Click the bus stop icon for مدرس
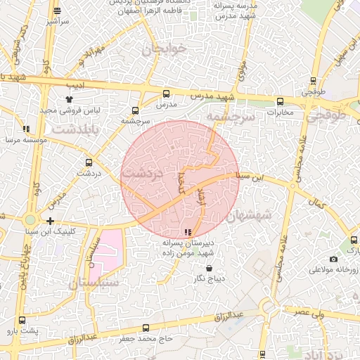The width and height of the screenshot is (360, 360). click(x=167, y=94)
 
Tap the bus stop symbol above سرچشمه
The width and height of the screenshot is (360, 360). click(x=135, y=110)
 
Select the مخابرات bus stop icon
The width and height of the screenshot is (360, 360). click(x=281, y=101)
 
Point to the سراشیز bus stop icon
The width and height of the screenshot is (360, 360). click(x=57, y=11)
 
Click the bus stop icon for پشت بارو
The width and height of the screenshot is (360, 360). click(x=22, y=320)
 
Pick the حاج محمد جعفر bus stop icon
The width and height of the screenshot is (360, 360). click(x=146, y=328)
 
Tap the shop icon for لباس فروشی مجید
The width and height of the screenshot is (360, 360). click(x=68, y=100)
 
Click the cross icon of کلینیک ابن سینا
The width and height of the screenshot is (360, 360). click(x=50, y=221)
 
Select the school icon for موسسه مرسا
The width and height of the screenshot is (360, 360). click(x=26, y=129)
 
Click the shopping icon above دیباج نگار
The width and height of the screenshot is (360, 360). click(x=209, y=268)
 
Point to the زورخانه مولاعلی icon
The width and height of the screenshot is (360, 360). click(x=333, y=258)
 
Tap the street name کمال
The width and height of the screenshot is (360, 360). click(x=317, y=204)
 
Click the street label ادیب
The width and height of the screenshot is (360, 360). click(x=75, y=86)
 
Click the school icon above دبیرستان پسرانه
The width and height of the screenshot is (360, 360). click(x=188, y=232)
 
